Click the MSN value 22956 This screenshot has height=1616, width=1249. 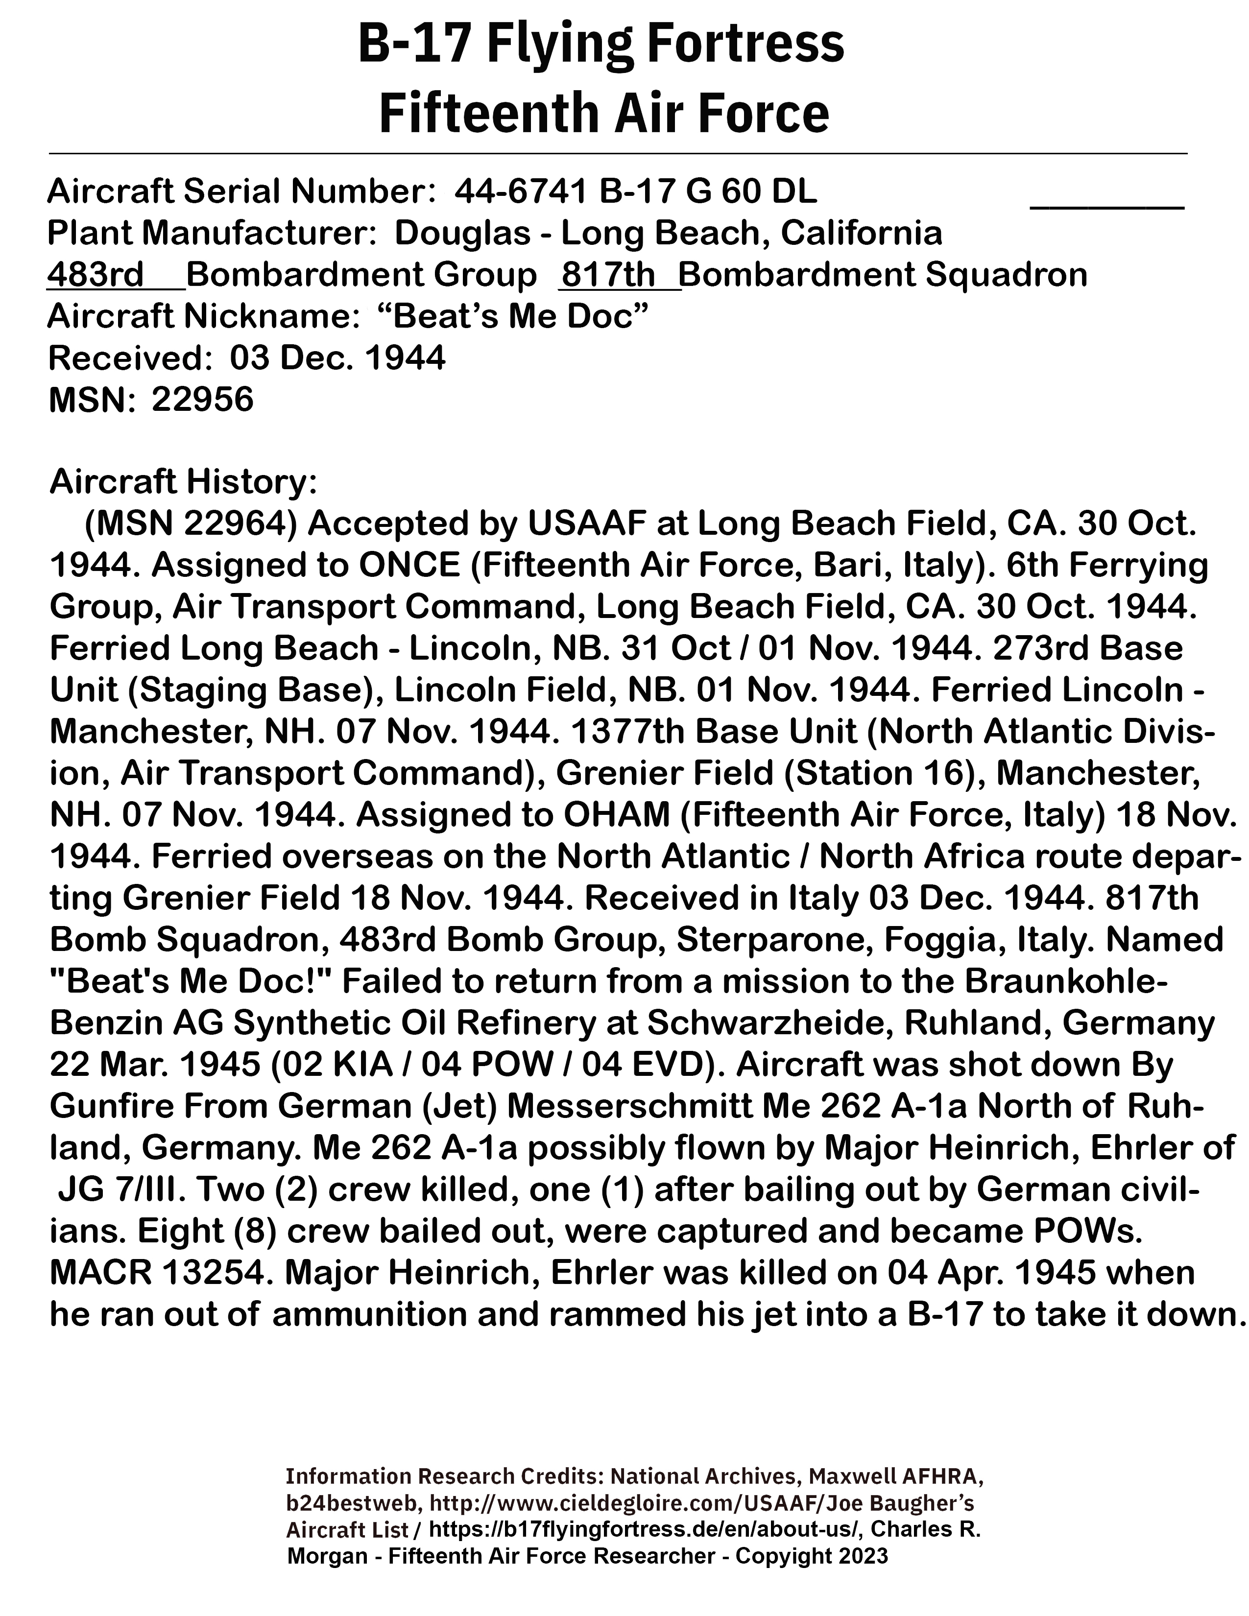(203, 400)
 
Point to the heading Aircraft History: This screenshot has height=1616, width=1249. (184, 482)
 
